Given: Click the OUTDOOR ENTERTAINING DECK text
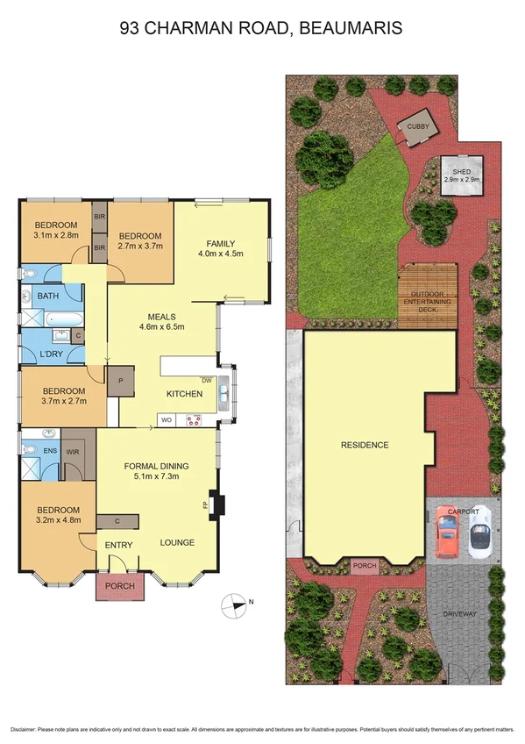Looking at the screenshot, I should coord(428,297).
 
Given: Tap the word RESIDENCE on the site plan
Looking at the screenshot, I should coord(365,445).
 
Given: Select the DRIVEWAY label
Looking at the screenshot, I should coord(460,614).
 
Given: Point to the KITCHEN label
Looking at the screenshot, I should coord(185,394).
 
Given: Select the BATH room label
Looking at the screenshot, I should coord(47,297).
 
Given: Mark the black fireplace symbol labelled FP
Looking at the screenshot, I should coord(216,505).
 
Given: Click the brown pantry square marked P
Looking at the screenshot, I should coord(120,382).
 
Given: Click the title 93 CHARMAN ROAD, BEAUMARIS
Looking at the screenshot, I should coord(261,29).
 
